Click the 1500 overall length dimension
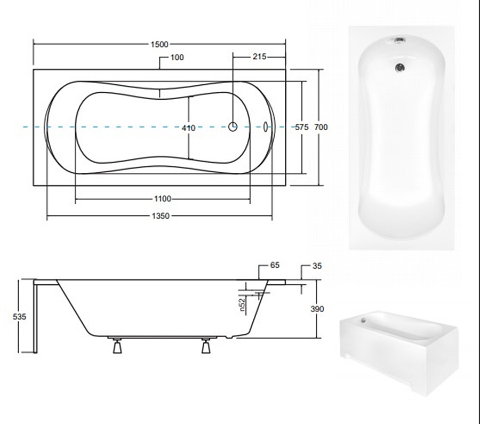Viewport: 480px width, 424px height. click(159, 44)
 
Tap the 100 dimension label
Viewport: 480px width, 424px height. click(177, 57)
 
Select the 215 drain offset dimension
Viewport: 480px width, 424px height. click(259, 57)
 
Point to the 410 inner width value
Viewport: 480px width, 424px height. click(189, 127)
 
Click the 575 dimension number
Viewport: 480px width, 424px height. click(302, 127)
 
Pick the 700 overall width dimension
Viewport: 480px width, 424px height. click(321, 127)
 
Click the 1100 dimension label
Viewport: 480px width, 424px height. click(163, 199)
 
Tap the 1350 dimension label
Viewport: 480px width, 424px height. click(161, 216)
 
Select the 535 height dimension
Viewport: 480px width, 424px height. click(19, 317)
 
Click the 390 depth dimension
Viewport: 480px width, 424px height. click(317, 309)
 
